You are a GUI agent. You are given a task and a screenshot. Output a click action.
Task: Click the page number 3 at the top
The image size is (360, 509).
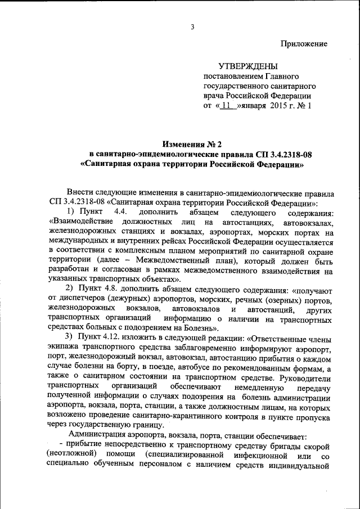pos(192,27)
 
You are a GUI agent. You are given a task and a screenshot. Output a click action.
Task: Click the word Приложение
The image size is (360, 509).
pos(304,43)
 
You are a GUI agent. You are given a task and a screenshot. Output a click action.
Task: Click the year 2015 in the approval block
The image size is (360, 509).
pos(279,105)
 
